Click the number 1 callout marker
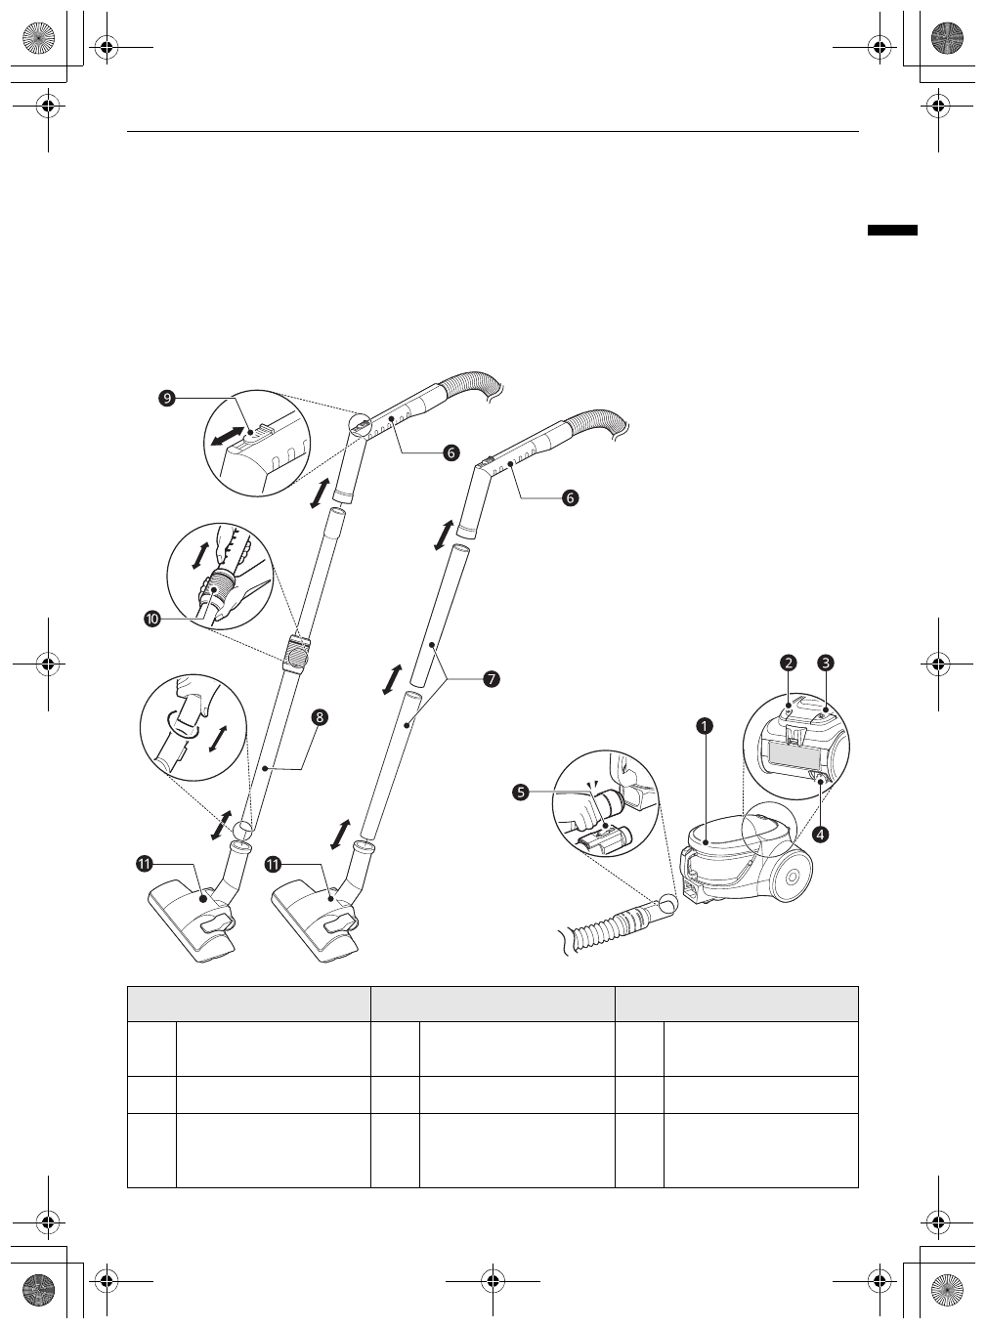point(705,726)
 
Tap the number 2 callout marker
point(788,663)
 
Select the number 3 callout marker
point(826,663)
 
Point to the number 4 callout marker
point(821,835)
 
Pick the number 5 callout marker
point(521,793)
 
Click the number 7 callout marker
point(491,679)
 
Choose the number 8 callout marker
point(320,717)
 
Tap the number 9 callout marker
point(167,399)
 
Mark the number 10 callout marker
point(152,619)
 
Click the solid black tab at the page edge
point(892,230)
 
